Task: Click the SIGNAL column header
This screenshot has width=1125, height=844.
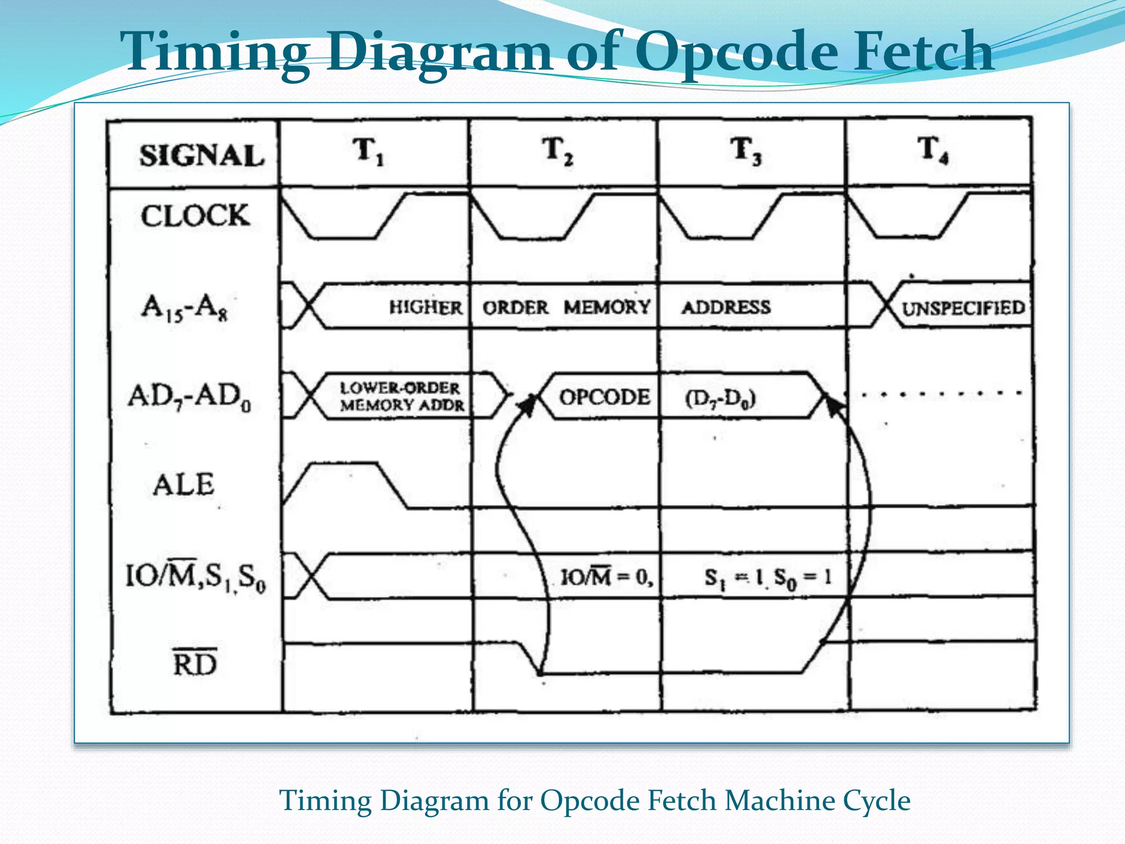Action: click(202, 156)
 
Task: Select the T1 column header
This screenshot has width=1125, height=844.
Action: click(368, 151)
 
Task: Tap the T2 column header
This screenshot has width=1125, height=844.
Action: click(558, 151)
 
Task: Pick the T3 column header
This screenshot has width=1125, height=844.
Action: click(745, 151)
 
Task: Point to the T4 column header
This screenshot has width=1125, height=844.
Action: click(933, 151)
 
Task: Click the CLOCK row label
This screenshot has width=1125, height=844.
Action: click(195, 215)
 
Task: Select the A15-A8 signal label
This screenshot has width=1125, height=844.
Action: click(184, 307)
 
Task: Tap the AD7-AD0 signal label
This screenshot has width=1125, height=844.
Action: click(190, 396)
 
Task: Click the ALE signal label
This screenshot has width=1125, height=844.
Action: click(183, 485)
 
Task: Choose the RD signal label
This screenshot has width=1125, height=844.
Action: click(194, 664)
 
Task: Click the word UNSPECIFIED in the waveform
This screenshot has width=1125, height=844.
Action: click(963, 308)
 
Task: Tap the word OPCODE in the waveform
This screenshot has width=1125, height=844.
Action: click(604, 397)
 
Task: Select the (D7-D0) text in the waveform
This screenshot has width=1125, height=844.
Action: click(720, 398)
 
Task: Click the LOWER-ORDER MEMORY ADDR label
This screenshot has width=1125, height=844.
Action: click(402, 396)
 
